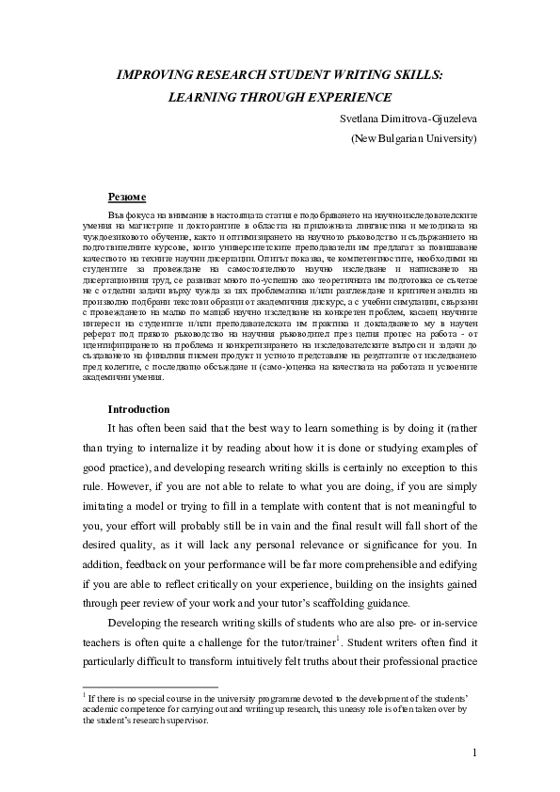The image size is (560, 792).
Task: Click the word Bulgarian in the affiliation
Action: [401, 138]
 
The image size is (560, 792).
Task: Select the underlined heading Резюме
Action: [127, 197]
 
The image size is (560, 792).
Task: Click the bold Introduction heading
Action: [138, 409]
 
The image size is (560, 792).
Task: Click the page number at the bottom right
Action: [475, 752]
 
